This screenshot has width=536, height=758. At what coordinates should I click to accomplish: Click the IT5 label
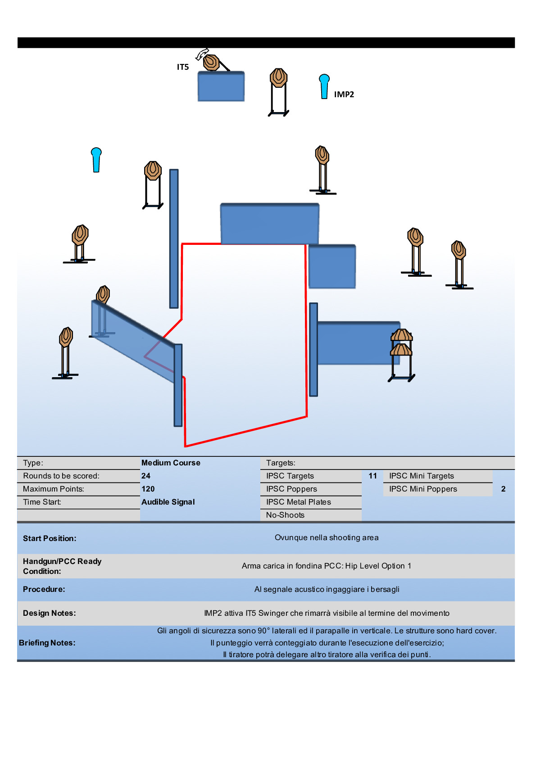pyautogui.click(x=182, y=67)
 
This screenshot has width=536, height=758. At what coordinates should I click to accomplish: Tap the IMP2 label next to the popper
pyautogui.click(x=344, y=94)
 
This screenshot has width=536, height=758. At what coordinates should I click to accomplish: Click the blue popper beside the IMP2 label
pyautogui.click(x=324, y=86)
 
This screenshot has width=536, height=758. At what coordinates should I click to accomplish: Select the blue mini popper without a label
pyautogui.click(x=96, y=159)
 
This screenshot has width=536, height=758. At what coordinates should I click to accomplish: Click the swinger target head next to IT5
pyautogui.click(x=211, y=62)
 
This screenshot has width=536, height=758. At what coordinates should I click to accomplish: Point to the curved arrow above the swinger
pyautogui.click(x=201, y=54)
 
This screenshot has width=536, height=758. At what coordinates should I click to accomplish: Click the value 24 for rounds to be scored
pyautogui.click(x=146, y=476)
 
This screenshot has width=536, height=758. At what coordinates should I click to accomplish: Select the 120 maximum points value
pyautogui.click(x=148, y=489)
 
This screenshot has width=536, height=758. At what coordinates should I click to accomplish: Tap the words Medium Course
pyautogui.click(x=171, y=463)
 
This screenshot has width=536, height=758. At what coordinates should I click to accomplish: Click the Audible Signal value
pyautogui.click(x=168, y=502)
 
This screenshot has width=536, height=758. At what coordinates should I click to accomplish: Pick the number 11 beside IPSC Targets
pyautogui.click(x=372, y=476)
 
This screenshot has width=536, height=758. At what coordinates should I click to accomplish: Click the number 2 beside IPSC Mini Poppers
pyautogui.click(x=503, y=489)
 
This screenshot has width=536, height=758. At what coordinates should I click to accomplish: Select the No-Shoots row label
pyautogui.click(x=285, y=515)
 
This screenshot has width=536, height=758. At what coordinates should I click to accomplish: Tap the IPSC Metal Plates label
pyautogui.click(x=298, y=502)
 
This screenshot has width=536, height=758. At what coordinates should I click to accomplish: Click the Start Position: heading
pyautogui.click(x=50, y=538)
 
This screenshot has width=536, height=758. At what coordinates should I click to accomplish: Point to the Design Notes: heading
pyautogui.click(x=50, y=613)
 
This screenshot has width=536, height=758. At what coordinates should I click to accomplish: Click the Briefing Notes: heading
pyautogui.click(x=47, y=643)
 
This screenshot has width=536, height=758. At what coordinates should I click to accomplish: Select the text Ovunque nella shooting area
pyautogui.click(x=327, y=537)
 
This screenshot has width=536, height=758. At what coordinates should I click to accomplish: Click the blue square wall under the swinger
pyautogui.click(x=221, y=86)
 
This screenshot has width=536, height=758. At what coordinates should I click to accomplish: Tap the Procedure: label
pyautogui.click(x=44, y=589)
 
